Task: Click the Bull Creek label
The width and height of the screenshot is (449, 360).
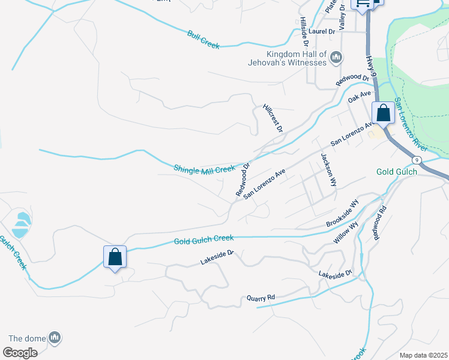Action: [x=203, y=40]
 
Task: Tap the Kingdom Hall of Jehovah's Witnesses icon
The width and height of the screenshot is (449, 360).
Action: [x=336, y=58]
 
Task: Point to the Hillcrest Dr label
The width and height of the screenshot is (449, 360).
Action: [x=273, y=118]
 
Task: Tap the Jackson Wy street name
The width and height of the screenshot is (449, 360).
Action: [x=327, y=168]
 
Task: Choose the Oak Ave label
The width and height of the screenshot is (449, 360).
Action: [x=360, y=95]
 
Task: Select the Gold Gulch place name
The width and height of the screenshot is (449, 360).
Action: [x=397, y=172]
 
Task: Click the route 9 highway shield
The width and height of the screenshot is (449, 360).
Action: [x=417, y=160]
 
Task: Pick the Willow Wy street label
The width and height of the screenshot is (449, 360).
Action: [x=346, y=233]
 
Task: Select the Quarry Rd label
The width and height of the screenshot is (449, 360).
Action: [x=261, y=298]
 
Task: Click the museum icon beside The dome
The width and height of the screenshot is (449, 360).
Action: [x=55, y=338]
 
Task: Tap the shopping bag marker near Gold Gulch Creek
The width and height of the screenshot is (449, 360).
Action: [x=115, y=257]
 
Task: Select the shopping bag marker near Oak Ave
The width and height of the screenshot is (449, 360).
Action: [x=383, y=113]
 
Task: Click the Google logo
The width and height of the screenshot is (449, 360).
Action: [x=20, y=353]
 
